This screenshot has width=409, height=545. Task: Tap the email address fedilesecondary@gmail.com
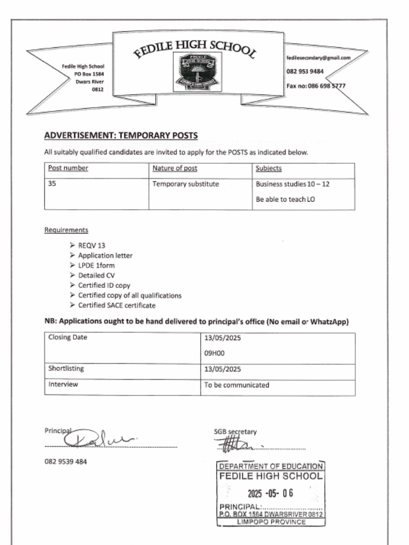pyautogui.click(x=318, y=57)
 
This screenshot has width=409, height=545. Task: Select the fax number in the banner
pyautogui.click(x=316, y=86)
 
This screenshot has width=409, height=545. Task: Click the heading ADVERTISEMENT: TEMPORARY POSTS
pyautogui.click(x=120, y=136)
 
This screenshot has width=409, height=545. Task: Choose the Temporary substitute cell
pyautogui.click(x=186, y=184)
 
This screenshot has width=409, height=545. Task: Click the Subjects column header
pyautogui.click(x=268, y=168)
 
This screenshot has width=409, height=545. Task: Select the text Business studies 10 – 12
pyautogui.click(x=292, y=184)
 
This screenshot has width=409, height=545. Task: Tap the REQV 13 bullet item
pyautogui.click(x=92, y=245)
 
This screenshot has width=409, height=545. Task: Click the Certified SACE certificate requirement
pyautogui.click(x=117, y=305)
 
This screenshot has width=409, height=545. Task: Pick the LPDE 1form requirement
pyautogui.click(x=96, y=266)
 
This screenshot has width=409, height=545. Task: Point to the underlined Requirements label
pyautogui.click(x=66, y=230)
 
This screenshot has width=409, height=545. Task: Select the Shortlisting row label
pyautogui.click(x=66, y=368)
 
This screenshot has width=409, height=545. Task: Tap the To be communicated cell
pyautogui.click(x=236, y=385)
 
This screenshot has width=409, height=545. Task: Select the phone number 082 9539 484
pyautogui.click(x=66, y=461)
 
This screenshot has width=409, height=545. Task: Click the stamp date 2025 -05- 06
pyautogui.click(x=270, y=493)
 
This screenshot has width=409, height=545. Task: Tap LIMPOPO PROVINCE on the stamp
pyautogui.click(x=271, y=522)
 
